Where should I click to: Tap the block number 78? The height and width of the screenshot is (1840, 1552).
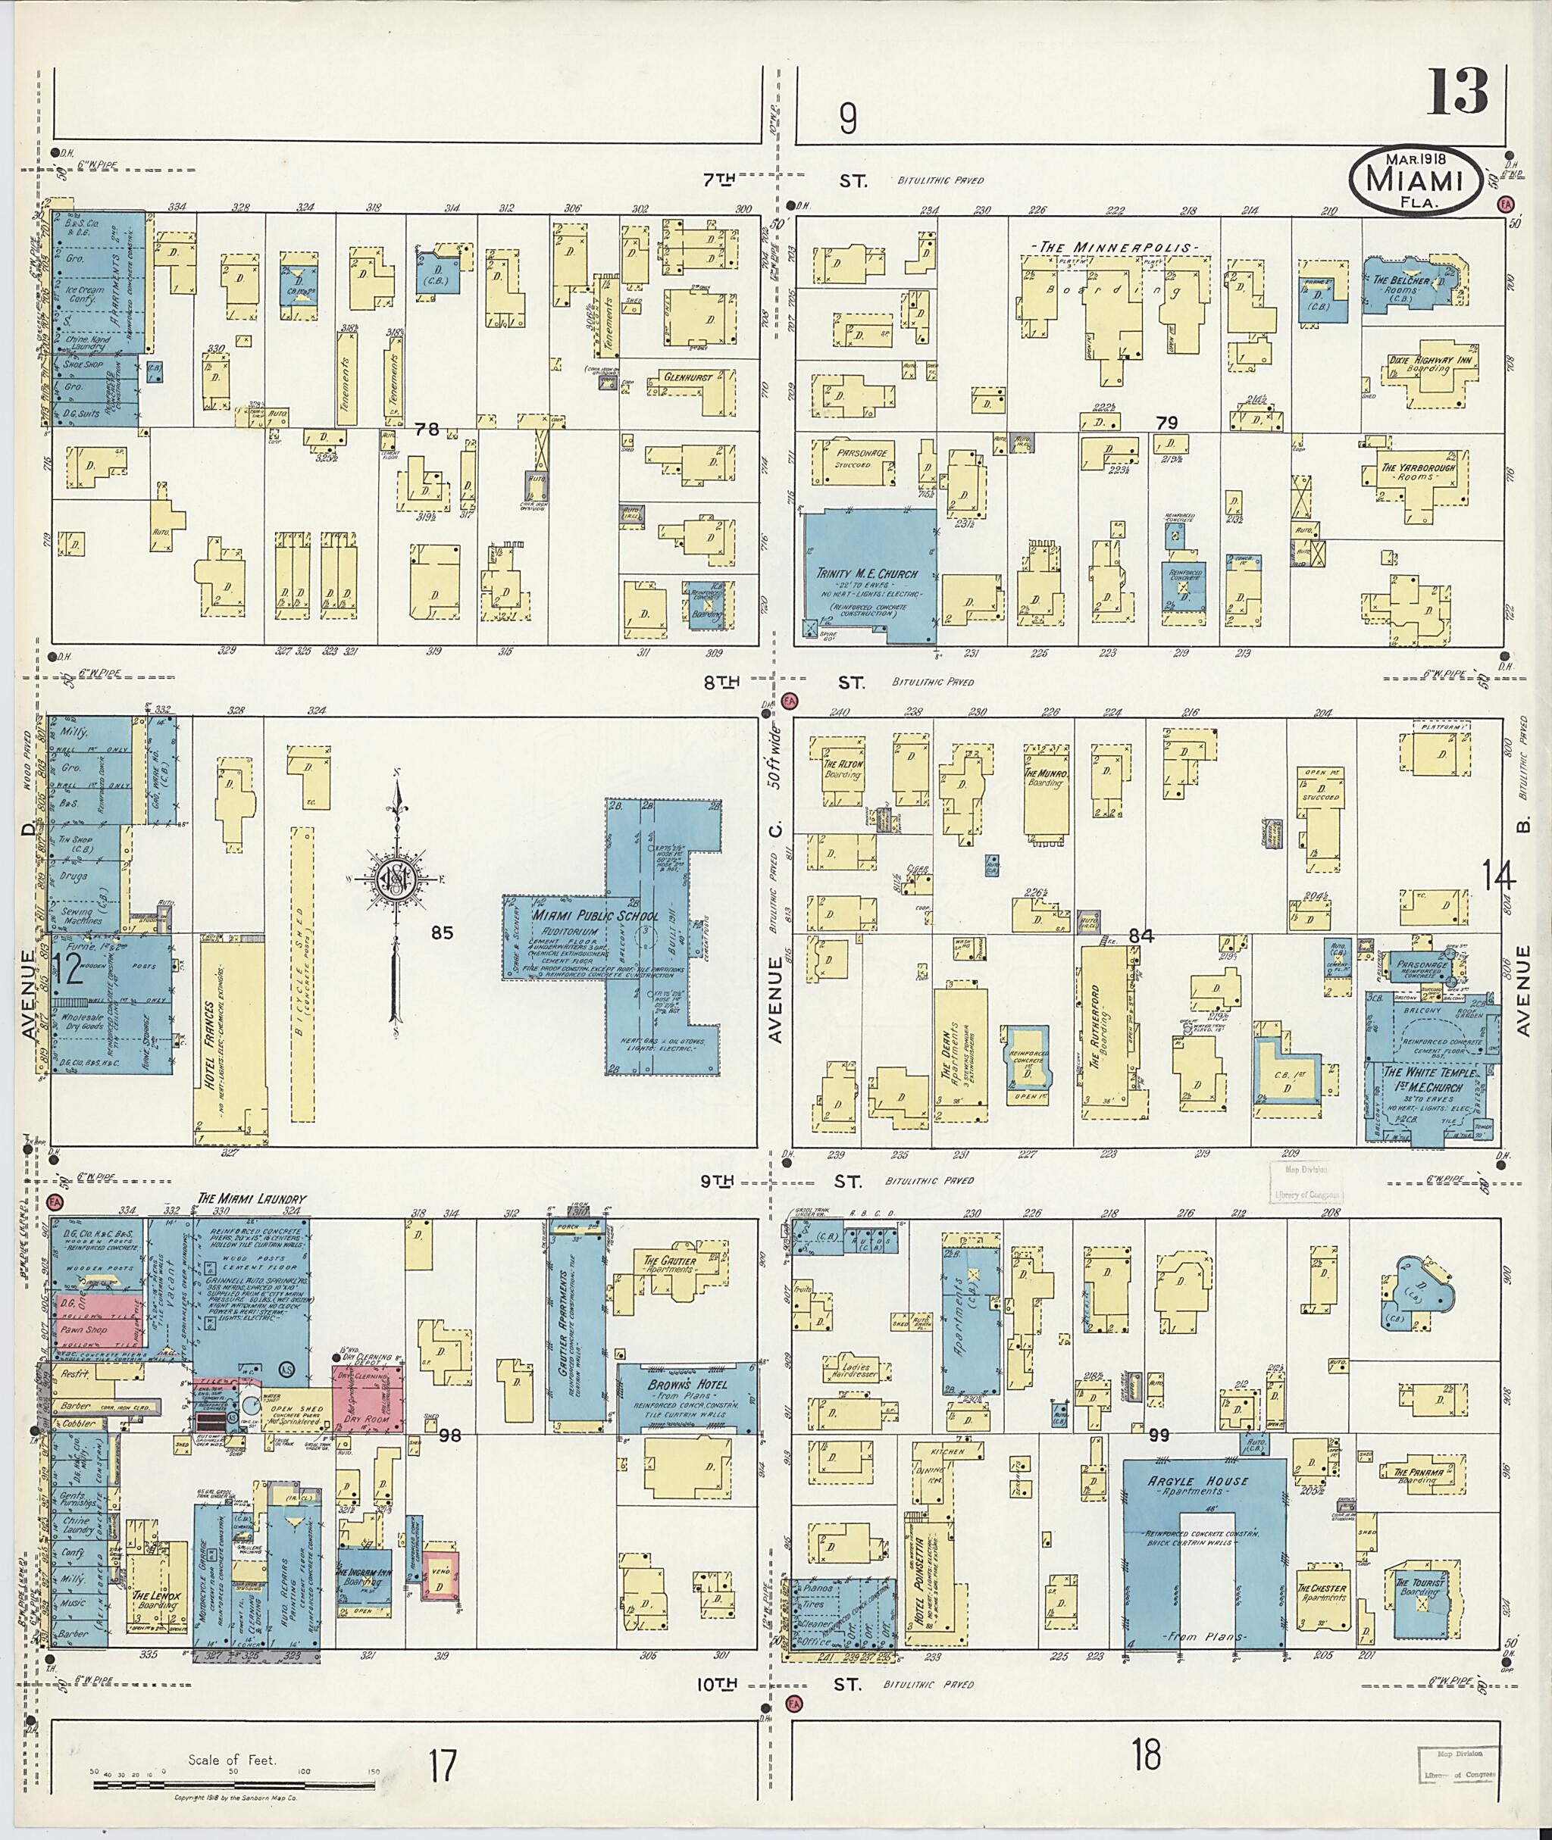click(427, 430)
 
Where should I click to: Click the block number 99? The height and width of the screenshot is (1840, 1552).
click(1159, 1435)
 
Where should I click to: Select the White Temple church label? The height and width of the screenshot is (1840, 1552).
click(1430, 1079)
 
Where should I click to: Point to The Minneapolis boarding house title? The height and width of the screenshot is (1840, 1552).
click(1115, 248)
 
